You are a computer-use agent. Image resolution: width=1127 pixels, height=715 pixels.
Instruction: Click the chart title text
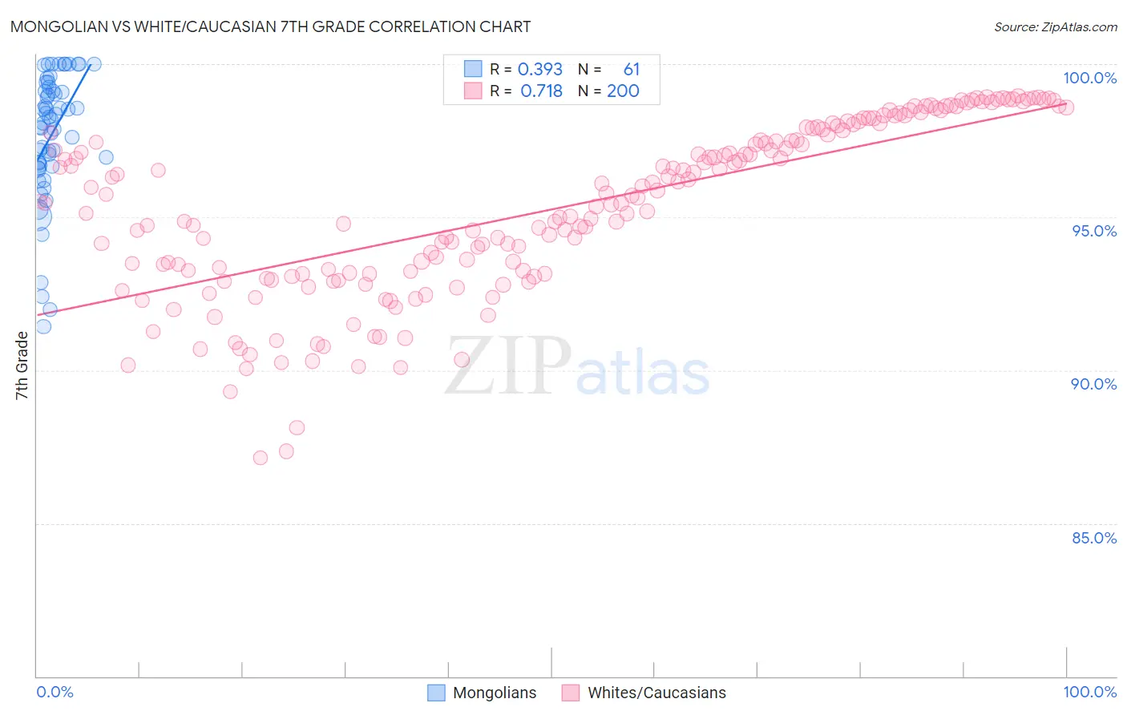coord(270,26)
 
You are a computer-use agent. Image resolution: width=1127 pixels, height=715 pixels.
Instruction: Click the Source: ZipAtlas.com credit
coord(1055,26)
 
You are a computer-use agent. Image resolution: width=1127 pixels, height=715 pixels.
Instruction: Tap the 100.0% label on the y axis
coord(1089,78)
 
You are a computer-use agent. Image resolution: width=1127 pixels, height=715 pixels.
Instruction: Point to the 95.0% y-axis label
coord(1093,231)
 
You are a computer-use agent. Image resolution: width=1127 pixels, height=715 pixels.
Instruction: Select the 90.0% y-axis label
coord(1093,384)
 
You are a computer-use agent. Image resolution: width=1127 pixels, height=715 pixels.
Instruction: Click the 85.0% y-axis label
coord(1093,538)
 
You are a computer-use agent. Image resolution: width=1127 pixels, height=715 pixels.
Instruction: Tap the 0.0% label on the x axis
coord(55,692)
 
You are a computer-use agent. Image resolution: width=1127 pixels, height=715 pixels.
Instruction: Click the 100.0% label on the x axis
coord(1089,692)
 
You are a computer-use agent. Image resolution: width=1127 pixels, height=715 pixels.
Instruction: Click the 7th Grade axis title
coord(22,366)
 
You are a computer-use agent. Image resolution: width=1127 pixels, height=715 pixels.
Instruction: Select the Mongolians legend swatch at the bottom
coord(436,693)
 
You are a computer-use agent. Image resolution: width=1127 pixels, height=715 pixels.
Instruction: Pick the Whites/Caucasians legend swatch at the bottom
coord(571,693)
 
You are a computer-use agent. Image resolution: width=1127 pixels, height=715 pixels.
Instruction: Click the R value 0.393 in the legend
coord(540,70)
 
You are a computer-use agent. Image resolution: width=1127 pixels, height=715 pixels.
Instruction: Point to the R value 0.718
coord(541,91)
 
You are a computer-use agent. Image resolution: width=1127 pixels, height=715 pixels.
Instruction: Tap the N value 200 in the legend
coord(623,91)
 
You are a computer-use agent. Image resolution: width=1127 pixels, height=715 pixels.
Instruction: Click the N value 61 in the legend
coord(632,70)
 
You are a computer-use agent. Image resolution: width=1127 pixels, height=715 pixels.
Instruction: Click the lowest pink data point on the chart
coord(261,458)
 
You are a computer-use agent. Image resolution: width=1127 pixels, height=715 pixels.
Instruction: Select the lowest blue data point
coord(43,326)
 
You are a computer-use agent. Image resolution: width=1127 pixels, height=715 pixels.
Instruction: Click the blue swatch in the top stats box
coord(473,70)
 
